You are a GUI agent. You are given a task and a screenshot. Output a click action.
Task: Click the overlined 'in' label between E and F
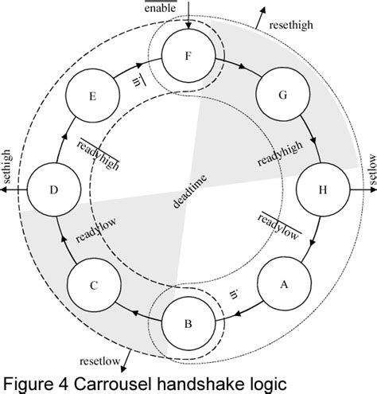[x=138, y=83]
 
